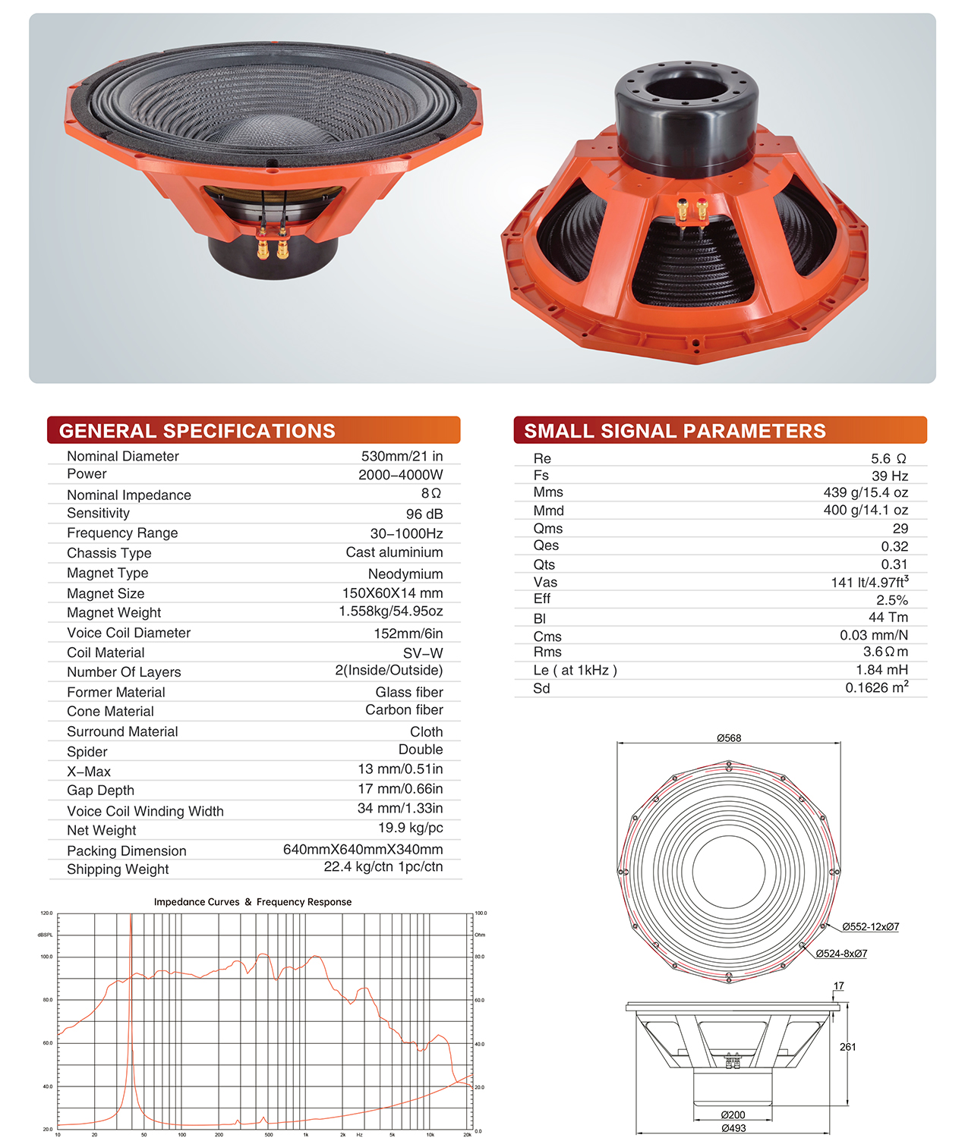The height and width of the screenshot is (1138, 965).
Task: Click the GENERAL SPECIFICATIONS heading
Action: (197, 430)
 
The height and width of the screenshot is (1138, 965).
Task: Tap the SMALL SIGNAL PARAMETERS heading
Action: (674, 430)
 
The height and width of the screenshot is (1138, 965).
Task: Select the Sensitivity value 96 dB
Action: (424, 514)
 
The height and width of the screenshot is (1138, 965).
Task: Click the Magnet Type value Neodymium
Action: (405, 574)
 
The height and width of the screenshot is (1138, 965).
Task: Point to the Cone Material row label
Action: (110, 712)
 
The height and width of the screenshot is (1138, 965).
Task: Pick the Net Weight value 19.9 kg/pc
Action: (411, 828)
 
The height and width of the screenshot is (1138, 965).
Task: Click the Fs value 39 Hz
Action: (890, 476)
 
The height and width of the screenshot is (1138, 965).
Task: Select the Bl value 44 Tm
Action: (888, 617)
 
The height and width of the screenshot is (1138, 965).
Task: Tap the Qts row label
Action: (544, 564)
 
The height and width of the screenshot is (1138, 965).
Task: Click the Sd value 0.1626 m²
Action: (877, 687)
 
